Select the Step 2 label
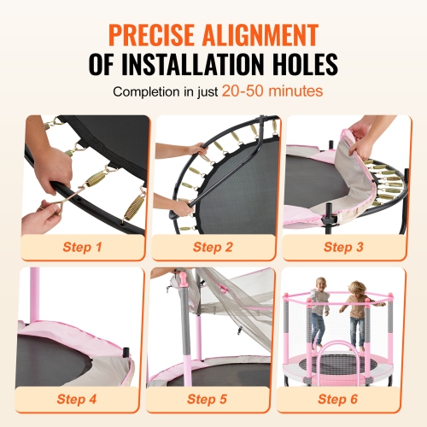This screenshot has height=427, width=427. tap(213, 248)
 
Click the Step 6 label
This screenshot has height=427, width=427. tap(340, 398)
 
